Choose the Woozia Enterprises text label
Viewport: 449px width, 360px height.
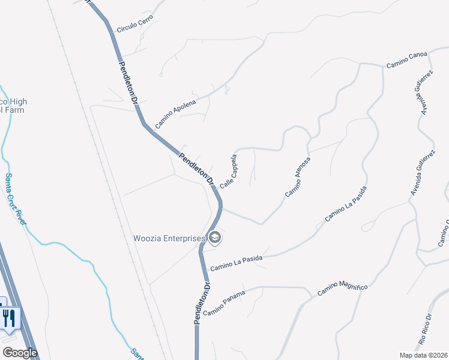click(x=169, y=238)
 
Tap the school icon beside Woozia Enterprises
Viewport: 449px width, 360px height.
click(x=215, y=239)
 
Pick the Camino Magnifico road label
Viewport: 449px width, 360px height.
click(x=342, y=288)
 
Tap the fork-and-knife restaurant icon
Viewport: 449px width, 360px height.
click(x=9, y=317)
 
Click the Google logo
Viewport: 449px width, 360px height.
click(x=19, y=353)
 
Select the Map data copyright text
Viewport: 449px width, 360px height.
click(x=423, y=355)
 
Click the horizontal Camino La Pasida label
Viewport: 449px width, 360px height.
click(x=237, y=260)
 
